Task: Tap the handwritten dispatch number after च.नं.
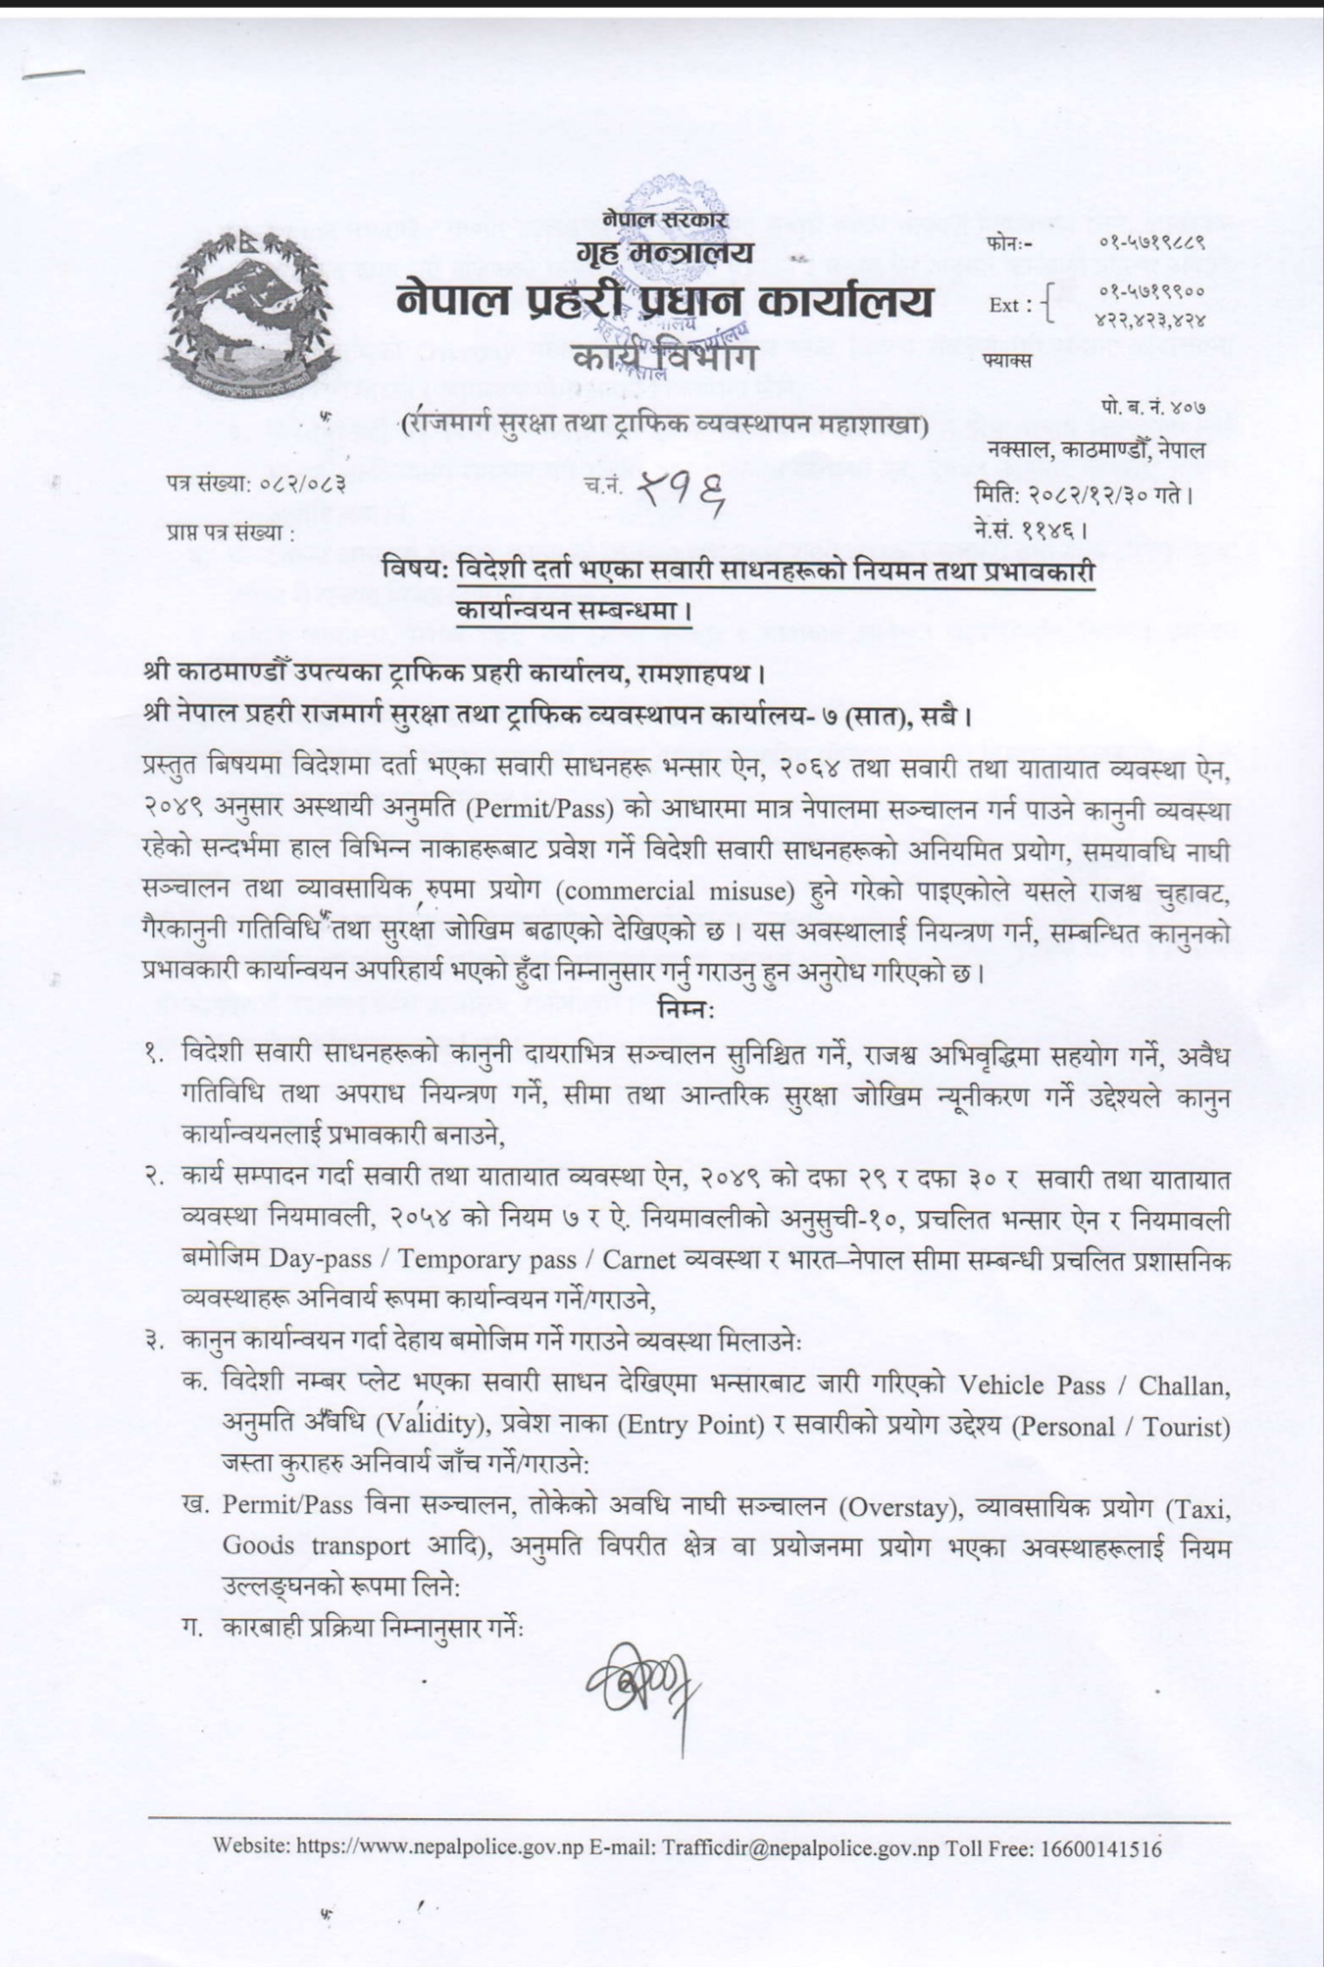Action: (x=681, y=487)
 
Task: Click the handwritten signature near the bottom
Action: (x=642, y=1686)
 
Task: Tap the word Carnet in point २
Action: (x=638, y=1259)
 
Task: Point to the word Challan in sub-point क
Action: (x=1191, y=1385)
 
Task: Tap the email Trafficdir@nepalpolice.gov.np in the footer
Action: (x=800, y=1848)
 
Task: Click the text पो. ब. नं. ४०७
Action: (x=1152, y=407)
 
